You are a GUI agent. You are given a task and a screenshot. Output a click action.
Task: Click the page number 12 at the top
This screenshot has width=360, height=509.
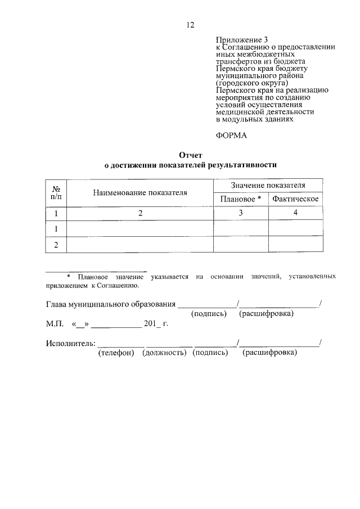click(x=190, y=25)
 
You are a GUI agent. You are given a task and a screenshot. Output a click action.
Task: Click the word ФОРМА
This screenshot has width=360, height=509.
click(x=231, y=135)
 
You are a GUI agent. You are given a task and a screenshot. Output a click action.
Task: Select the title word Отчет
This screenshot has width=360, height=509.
click(x=190, y=155)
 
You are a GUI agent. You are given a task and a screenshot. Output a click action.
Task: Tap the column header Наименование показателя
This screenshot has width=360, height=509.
click(x=140, y=193)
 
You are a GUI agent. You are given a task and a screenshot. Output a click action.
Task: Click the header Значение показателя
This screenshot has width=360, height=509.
click(x=268, y=185)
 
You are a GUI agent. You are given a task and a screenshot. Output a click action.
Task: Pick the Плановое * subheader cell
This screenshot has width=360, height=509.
click(x=241, y=199)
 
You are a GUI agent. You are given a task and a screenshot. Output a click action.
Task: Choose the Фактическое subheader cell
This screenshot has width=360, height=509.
click(x=295, y=199)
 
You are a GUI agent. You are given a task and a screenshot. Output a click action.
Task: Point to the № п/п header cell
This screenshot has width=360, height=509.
click(x=56, y=193)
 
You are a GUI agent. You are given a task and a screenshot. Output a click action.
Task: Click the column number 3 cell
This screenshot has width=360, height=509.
click(x=241, y=213)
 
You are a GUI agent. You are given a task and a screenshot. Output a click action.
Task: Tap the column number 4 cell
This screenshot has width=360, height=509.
click(x=296, y=213)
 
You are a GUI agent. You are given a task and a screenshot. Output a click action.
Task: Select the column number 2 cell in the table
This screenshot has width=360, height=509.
click(x=140, y=213)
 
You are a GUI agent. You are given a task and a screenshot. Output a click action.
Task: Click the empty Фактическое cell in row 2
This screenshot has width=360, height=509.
click(x=296, y=245)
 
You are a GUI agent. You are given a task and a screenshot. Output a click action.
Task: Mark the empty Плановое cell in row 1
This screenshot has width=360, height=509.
click(x=241, y=229)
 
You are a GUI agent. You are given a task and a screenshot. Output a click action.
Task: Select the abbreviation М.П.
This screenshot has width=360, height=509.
click(x=55, y=325)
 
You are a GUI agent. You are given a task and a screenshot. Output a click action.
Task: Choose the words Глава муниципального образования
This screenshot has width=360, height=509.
click(x=110, y=304)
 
